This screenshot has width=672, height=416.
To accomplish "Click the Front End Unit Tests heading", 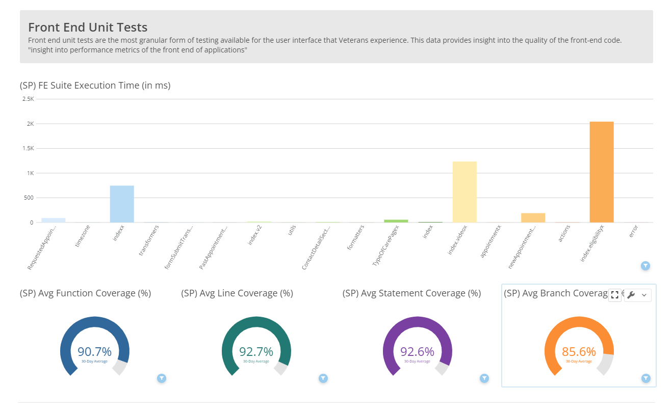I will tap(88, 27).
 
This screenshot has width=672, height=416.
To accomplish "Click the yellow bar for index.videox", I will tap(464, 192).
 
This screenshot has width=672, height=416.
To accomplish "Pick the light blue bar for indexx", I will tap(122, 204).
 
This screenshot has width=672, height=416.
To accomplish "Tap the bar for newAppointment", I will tap(533, 218).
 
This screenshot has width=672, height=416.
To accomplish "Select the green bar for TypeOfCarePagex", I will tap(396, 221).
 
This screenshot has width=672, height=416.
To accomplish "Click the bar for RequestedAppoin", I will tap(54, 220).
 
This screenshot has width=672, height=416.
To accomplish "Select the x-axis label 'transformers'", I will tap(149, 239).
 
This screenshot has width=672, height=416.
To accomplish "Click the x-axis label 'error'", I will tap(633, 232).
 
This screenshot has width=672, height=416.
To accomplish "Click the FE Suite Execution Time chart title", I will tap(95, 86).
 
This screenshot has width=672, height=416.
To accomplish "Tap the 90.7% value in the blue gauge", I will tap(94, 351).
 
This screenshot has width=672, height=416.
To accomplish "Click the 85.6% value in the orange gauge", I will tap(579, 351).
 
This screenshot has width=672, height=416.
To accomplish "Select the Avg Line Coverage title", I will tap(237, 293).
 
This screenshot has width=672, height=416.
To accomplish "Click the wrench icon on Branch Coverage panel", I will tap(631, 295).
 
